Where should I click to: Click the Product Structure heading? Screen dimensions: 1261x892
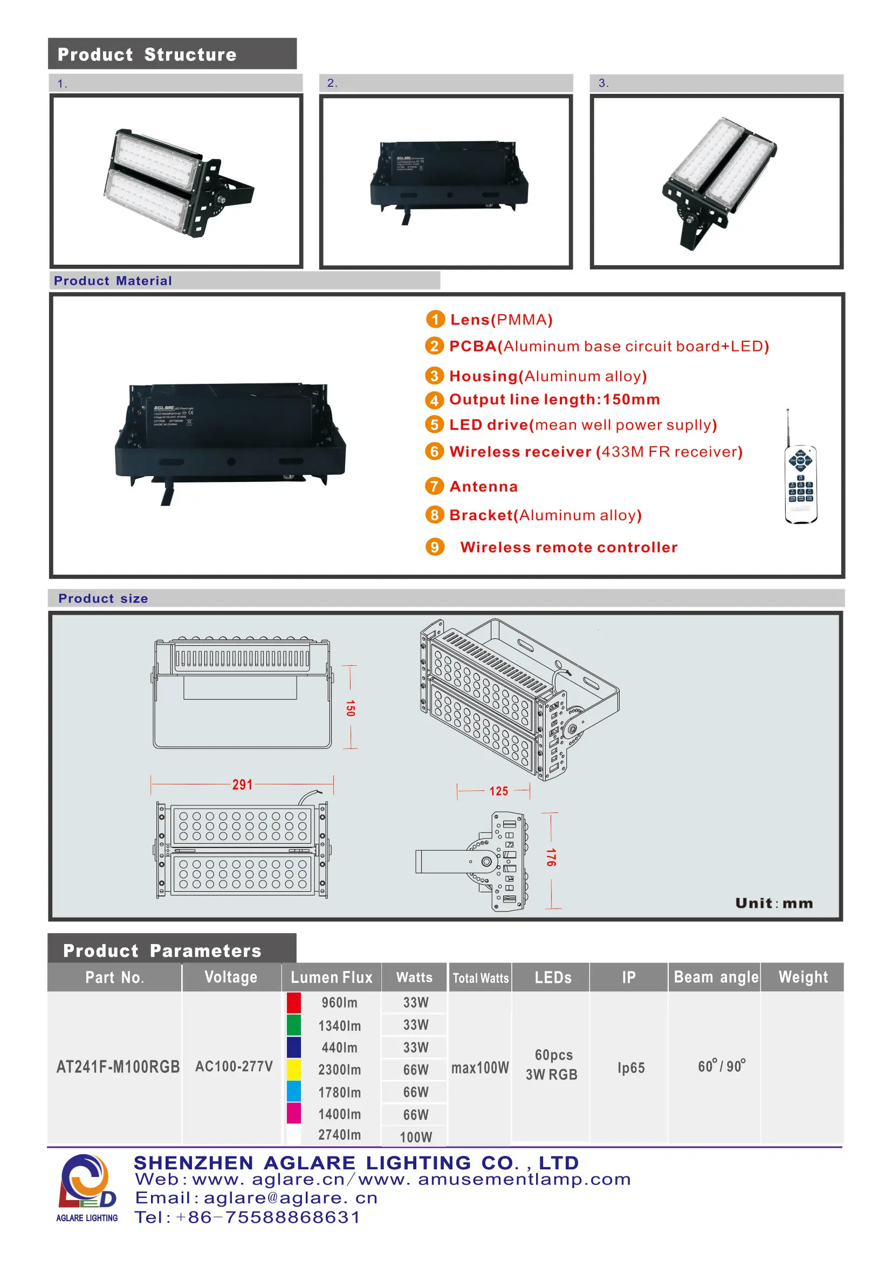[x=147, y=54]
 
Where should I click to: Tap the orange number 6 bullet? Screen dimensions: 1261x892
[x=434, y=451]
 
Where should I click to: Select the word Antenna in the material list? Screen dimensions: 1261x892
[x=483, y=487]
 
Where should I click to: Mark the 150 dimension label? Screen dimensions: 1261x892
[x=351, y=708]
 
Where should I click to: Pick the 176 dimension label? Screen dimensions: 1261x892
[x=551, y=857]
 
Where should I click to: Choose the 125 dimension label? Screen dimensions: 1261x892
[x=499, y=791]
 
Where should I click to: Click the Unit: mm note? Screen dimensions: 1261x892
[x=774, y=904]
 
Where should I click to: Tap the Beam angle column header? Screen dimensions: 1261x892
[x=716, y=977]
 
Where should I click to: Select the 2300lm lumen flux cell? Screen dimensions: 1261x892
[x=339, y=1070]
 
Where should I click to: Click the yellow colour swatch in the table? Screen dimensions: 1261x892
[x=294, y=1069]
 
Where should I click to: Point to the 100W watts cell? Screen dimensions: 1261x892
[x=416, y=1137]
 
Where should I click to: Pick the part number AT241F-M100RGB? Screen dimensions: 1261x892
[x=118, y=1067]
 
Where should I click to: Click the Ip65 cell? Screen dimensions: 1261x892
[x=630, y=1067]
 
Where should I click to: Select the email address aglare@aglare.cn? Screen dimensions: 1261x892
[x=291, y=1198]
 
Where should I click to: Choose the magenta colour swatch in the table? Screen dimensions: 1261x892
[x=294, y=1113]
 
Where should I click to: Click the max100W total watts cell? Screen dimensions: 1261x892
[x=480, y=1067]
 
